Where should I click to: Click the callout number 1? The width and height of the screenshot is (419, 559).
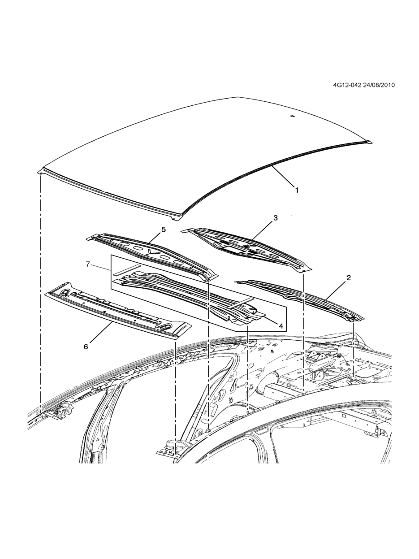coord(296,190)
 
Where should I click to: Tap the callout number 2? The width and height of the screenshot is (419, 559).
coord(348,278)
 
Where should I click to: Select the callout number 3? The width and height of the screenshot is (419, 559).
coord(275,218)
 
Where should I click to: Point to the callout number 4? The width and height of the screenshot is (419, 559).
coord(281,326)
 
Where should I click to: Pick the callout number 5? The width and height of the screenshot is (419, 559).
coord(163,230)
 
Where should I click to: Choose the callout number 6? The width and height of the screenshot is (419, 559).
coord(86,346)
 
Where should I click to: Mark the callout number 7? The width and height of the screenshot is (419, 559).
coord(88,264)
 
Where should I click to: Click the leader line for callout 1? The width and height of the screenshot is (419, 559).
coord(282,177)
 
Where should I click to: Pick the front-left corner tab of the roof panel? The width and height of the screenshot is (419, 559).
coord(40,171)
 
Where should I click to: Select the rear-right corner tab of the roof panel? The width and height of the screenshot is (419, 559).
coord(368,142)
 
